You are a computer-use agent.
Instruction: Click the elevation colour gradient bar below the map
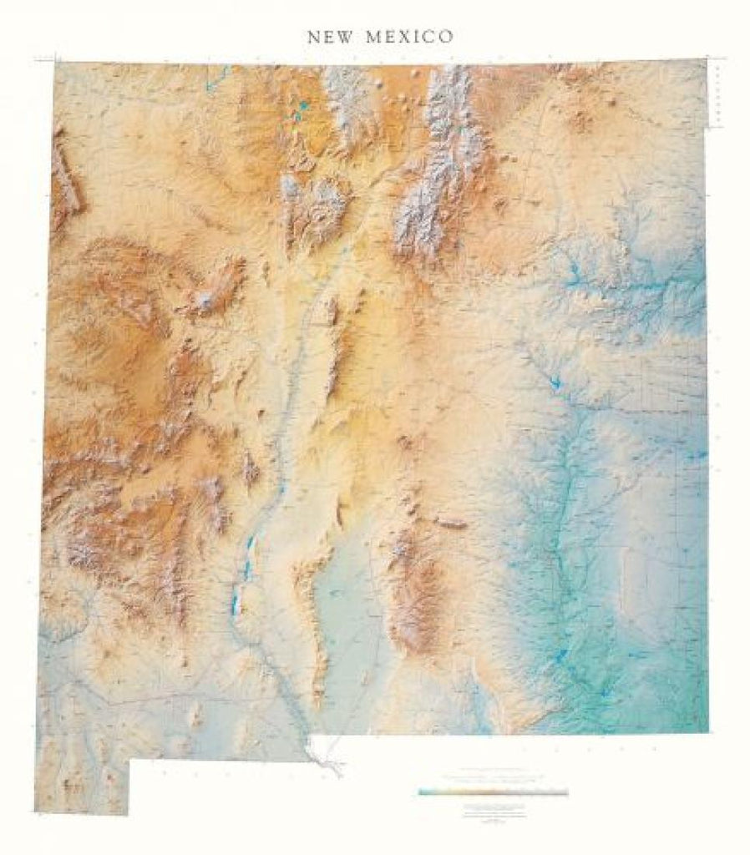tap(494, 792)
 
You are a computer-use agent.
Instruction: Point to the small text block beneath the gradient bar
tap(494, 812)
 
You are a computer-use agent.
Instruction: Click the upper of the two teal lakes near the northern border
tap(302, 107)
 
